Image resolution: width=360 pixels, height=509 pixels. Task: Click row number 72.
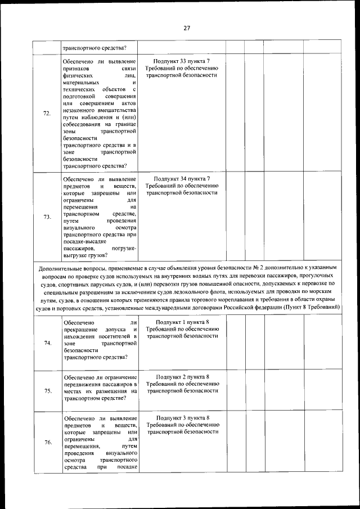click(x=47, y=113)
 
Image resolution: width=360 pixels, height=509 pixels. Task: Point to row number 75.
click(x=47, y=391)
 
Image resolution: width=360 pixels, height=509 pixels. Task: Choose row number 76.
click(x=47, y=442)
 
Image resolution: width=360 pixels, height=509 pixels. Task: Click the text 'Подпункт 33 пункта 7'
click(x=182, y=60)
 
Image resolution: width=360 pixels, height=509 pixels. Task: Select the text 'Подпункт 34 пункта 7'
click(x=182, y=178)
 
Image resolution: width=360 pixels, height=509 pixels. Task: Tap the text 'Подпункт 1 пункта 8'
click(x=182, y=322)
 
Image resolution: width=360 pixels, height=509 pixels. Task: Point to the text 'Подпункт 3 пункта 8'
click(x=182, y=418)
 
